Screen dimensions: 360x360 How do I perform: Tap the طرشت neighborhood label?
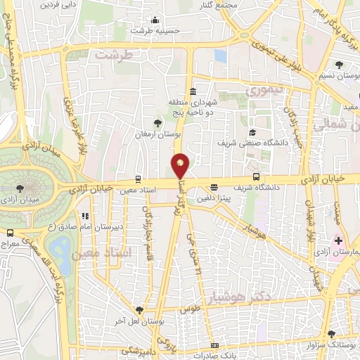click(x=114, y=54)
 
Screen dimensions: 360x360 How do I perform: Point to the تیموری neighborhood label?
click(x=262, y=89)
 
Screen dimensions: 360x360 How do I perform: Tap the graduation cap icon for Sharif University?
click(x=252, y=133)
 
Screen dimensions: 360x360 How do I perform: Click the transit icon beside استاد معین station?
click(x=138, y=179)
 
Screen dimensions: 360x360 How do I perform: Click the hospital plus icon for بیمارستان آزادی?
click(x=339, y=242)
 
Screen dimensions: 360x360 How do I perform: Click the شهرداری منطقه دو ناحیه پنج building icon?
click(x=193, y=92)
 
